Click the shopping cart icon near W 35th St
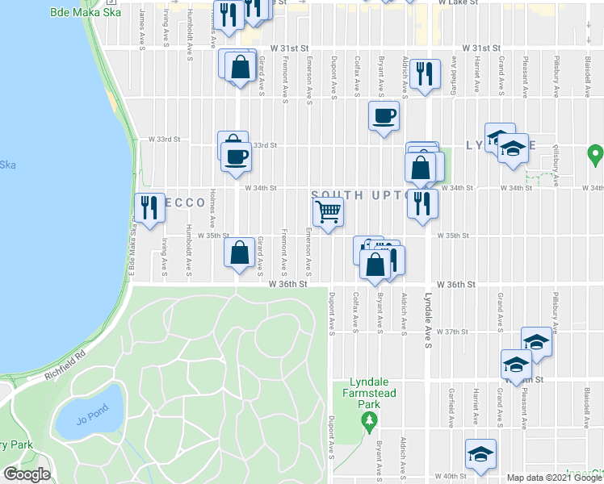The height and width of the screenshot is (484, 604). [329, 212]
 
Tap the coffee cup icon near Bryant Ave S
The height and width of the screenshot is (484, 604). [384, 115]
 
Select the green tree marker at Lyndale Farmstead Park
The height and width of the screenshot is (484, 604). [369, 419]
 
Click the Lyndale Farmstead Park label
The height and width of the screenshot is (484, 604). [369, 392]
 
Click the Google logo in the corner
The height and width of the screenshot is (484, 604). [27, 474]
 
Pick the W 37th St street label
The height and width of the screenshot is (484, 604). [452, 332]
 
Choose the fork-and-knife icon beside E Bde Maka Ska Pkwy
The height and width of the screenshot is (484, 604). [149, 208]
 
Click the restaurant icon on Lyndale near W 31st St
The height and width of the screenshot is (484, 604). [424, 74]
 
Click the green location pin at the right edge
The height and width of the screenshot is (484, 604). [595, 152]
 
